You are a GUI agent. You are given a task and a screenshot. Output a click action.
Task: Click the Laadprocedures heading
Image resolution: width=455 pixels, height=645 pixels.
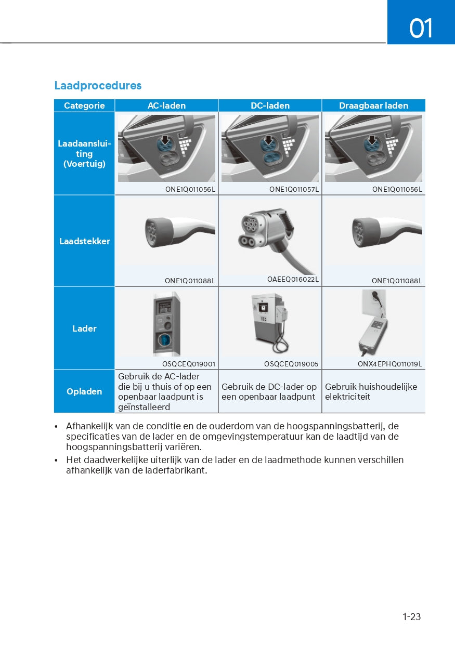98,86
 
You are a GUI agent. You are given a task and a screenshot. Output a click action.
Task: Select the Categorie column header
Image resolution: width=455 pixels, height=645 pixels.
84,106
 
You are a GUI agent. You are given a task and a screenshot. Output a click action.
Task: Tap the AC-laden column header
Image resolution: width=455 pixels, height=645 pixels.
166,106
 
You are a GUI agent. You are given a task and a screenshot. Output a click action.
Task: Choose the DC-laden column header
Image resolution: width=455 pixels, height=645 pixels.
270,106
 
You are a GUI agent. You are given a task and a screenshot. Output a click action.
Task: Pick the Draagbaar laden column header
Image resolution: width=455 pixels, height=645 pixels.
373,106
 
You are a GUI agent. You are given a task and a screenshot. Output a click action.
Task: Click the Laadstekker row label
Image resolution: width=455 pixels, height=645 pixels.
84,241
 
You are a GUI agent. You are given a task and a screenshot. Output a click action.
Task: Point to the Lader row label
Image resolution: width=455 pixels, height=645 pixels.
84,328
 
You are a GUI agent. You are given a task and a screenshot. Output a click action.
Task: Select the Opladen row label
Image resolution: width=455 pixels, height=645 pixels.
84,391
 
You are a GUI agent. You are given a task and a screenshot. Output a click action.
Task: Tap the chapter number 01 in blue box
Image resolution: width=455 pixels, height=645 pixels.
421,28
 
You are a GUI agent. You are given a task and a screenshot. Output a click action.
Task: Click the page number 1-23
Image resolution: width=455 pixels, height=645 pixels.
411,617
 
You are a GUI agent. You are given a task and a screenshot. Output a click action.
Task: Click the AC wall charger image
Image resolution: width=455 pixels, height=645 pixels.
166,323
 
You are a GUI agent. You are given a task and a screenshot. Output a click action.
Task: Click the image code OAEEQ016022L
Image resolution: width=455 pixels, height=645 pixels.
293,280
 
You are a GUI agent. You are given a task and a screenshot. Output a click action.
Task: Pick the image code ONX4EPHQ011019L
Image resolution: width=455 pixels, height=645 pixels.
389,364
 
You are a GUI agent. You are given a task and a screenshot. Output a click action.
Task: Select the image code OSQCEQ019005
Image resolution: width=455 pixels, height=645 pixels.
291,364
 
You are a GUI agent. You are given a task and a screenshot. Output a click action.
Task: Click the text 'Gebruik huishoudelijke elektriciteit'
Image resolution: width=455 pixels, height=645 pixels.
371,391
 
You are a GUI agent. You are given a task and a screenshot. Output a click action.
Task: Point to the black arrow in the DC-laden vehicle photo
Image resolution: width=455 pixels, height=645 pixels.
268,140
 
